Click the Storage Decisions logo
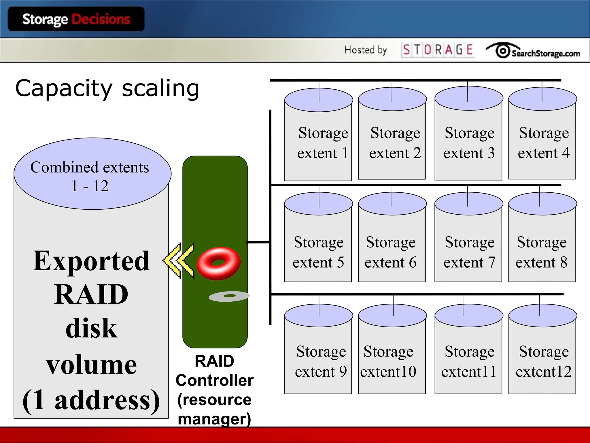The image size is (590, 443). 76,19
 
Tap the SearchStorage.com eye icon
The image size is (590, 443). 503,51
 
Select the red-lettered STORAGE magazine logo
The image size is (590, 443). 438,50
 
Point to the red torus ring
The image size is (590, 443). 218,263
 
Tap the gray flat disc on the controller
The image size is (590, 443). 229,296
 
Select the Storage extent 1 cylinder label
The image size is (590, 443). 323,143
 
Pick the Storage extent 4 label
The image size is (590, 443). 543,143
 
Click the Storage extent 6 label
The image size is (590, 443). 390,252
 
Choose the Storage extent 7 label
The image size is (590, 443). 469,252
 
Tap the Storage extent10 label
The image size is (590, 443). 388,361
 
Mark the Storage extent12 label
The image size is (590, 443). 543,361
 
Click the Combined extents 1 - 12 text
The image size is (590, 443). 90,176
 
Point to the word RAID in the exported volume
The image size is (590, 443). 91,294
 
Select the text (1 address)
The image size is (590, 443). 91,400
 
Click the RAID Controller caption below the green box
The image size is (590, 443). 215,371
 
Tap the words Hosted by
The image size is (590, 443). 365,50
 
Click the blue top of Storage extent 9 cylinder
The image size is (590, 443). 318,316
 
